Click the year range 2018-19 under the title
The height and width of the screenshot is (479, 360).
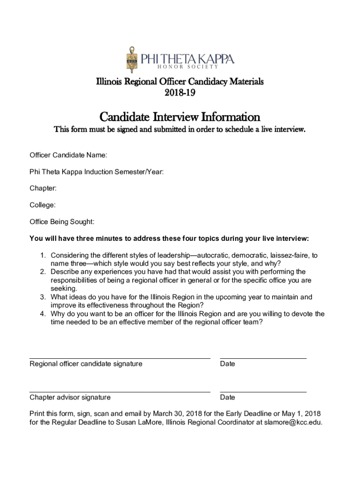click(x=180, y=93)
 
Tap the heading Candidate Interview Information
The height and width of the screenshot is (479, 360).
click(x=180, y=116)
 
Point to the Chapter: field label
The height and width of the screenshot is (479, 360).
click(x=43, y=188)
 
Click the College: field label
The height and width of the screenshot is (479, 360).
click(x=43, y=205)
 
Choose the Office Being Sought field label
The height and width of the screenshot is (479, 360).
click(x=62, y=222)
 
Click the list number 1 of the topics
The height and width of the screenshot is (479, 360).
click(x=42, y=255)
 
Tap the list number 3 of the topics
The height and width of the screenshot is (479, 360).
click(x=42, y=297)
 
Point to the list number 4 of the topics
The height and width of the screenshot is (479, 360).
click(x=42, y=314)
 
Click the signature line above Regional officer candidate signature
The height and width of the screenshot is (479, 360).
click(x=120, y=358)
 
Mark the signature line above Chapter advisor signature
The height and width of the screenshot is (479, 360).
click(x=120, y=392)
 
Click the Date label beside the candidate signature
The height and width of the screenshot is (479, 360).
click(x=228, y=364)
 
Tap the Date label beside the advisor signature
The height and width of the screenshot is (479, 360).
click(x=228, y=398)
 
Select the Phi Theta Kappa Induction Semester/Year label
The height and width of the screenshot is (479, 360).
click(x=96, y=172)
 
